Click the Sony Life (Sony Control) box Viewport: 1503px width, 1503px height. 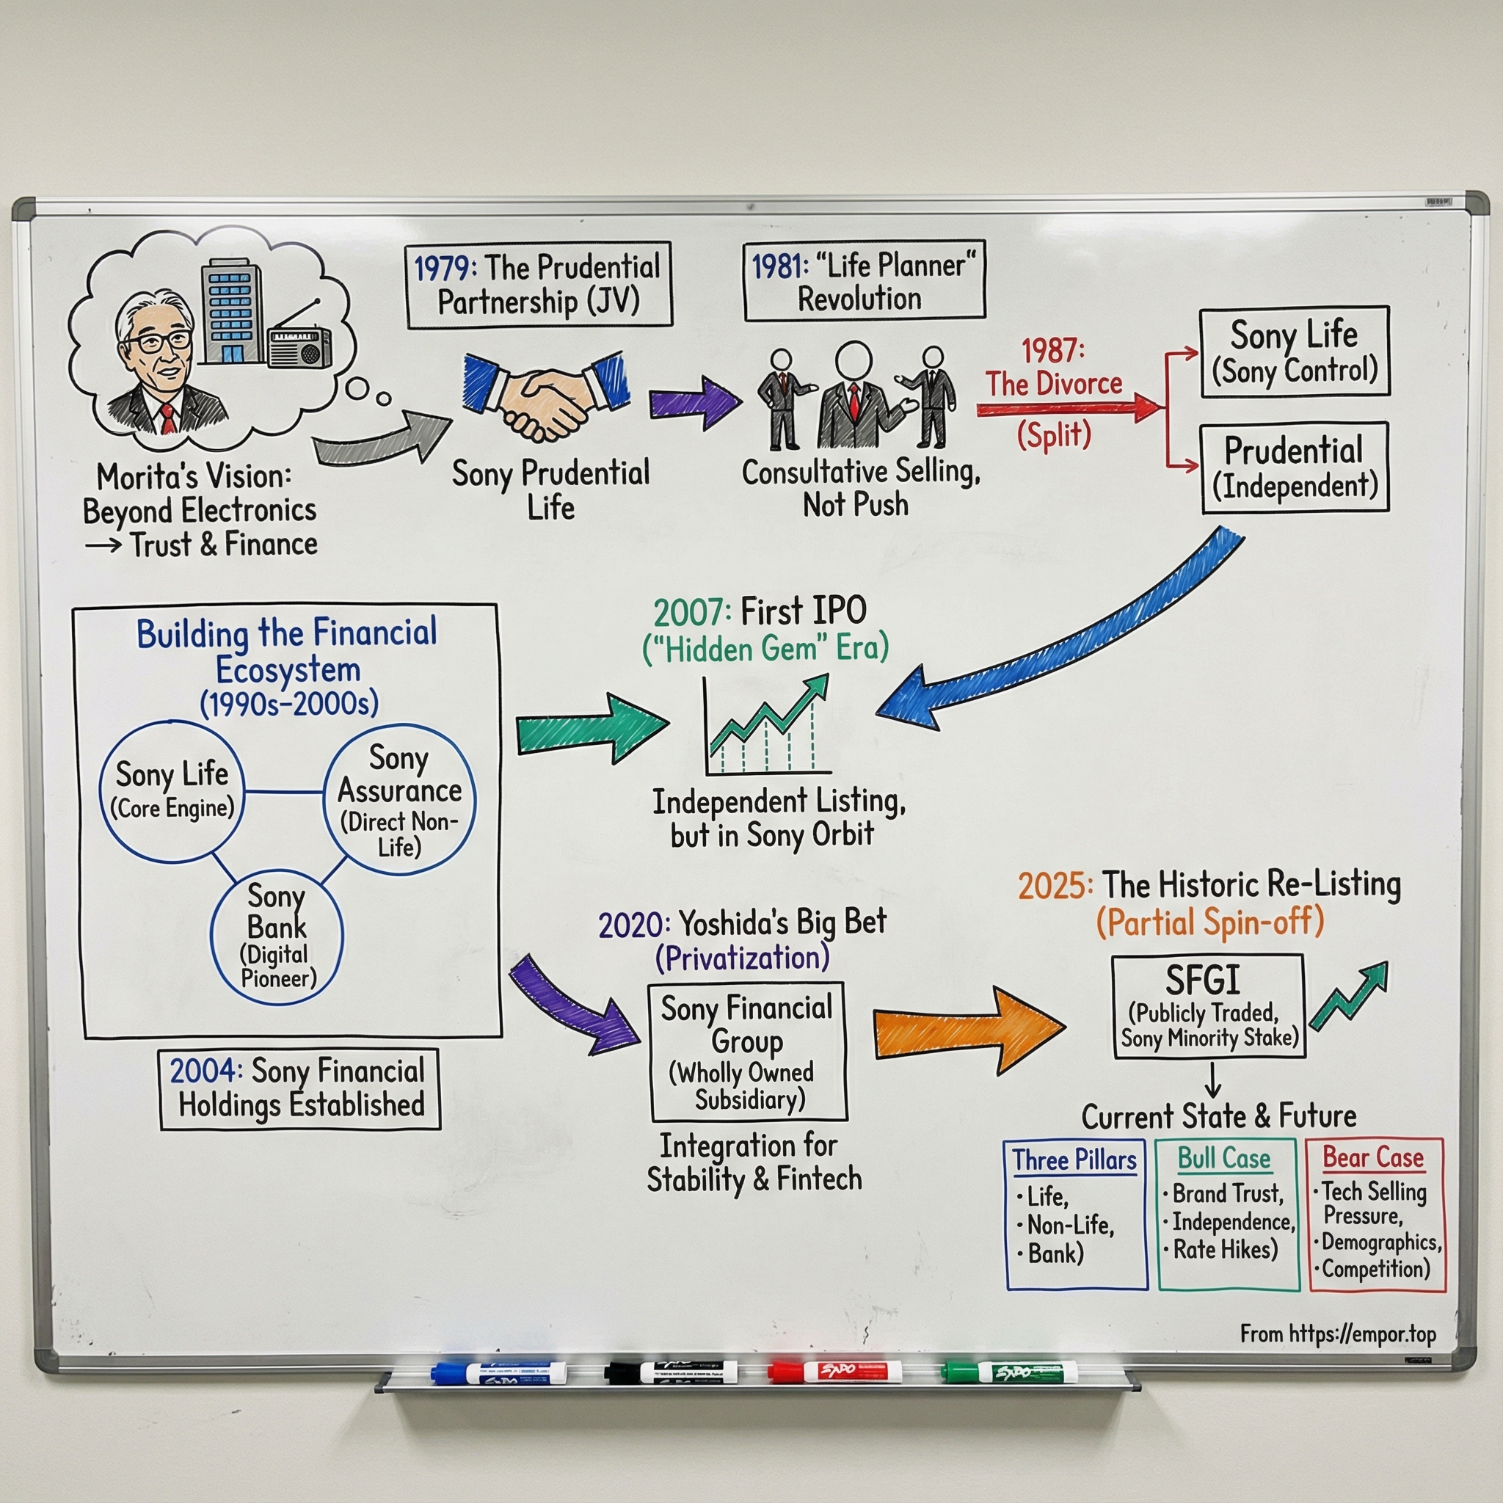pyautogui.click(x=1294, y=352)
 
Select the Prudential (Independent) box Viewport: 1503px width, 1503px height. pyautogui.click(x=1294, y=467)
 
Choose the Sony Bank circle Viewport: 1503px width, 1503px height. pyautogui.click(x=276, y=936)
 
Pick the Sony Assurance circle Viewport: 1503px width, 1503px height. pyautogui.click(x=399, y=799)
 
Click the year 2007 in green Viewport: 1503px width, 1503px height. pyautogui.click(x=691, y=613)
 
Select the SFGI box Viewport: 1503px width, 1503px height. pyautogui.click(x=1208, y=1006)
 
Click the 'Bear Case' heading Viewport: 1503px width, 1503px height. pyautogui.click(x=1373, y=1157)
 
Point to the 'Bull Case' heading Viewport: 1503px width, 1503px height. pyautogui.click(x=1223, y=1158)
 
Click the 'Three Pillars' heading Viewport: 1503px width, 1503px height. pyautogui.click(x=1074, y=1160)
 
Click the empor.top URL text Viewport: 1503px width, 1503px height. pyautogui.click(x=1337, y=1334)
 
